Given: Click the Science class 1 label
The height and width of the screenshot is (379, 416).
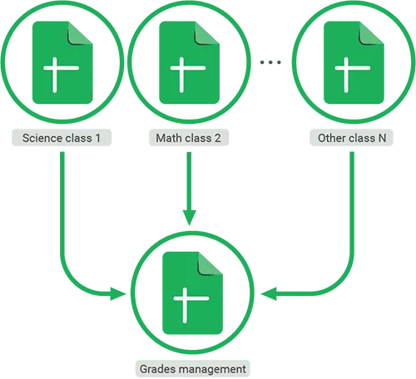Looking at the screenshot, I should (62, 137).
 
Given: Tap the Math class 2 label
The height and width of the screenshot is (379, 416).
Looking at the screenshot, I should (187, 137).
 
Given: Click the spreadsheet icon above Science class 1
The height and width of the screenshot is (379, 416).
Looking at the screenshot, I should (62, 62).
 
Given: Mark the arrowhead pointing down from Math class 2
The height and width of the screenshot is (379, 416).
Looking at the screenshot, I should (191, 215).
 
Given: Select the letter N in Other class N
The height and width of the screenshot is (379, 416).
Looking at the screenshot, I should (382, 137).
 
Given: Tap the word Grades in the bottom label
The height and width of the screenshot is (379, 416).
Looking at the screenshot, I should (157, 367).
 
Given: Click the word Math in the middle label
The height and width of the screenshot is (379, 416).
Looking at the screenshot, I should (167, 137).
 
